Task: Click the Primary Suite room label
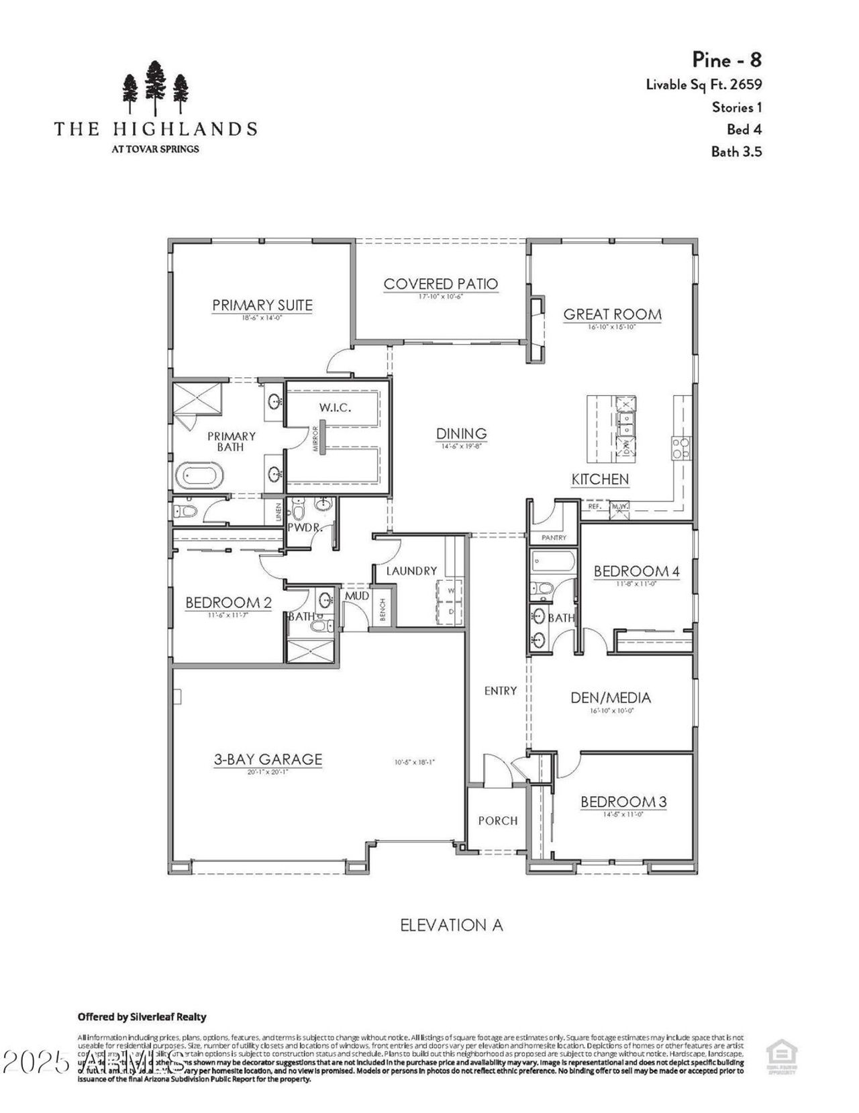coord(262,305)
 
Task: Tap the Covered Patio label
coord(441,283)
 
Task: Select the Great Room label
coord(612,313)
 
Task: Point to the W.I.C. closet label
coord(335,407)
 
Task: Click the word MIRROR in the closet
coord(315,439)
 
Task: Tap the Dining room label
coord(461,434)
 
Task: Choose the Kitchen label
coord(600,479)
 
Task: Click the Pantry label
coord(554,538)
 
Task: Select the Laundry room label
coord(411,571)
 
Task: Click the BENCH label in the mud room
coord(383,610)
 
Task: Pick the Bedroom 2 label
coord(228,603)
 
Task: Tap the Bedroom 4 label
coord(636,571)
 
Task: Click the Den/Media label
coord(611,697)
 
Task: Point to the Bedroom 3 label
coord(623,802)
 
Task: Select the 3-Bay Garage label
coord(268,759)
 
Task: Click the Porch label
coord(497,820)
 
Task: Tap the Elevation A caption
coord(452,925)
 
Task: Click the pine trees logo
coord(155,87)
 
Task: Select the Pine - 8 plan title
coord(727,60)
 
